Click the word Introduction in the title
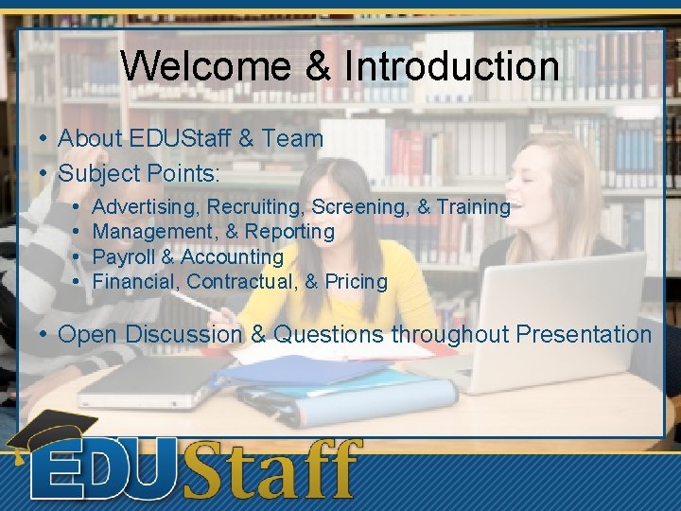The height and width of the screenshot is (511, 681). (452, 66)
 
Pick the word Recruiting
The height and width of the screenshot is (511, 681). (255, 206)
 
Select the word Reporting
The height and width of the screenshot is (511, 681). (289, 232)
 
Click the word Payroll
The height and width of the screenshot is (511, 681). (125, 257)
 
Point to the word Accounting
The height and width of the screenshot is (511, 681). (232, 257)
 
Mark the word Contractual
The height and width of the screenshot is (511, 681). (242, 282)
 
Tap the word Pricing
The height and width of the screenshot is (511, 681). (356, 282)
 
